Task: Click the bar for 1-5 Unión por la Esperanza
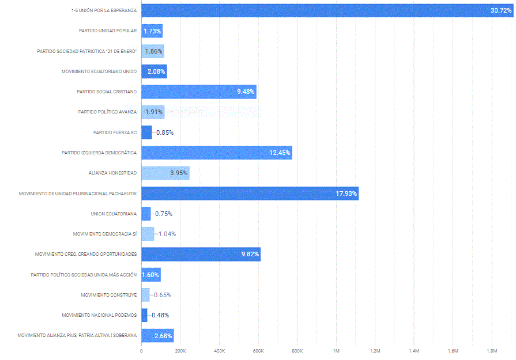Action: pos(323,10)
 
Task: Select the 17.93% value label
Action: pos(346,194)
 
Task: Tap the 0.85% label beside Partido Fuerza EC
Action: pos(164,132)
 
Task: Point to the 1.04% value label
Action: pos(167,234)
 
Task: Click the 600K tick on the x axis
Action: pos(258,350)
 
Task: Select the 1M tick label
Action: pos(336,350)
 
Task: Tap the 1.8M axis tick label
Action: pos(491,350)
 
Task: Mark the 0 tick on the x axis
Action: pos(141,350)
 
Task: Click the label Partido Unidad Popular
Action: pos(108,31)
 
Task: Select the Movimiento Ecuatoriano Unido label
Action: pos(99,71)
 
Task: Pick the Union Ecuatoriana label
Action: pos(114,214)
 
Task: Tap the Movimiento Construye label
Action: pos(109,295)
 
